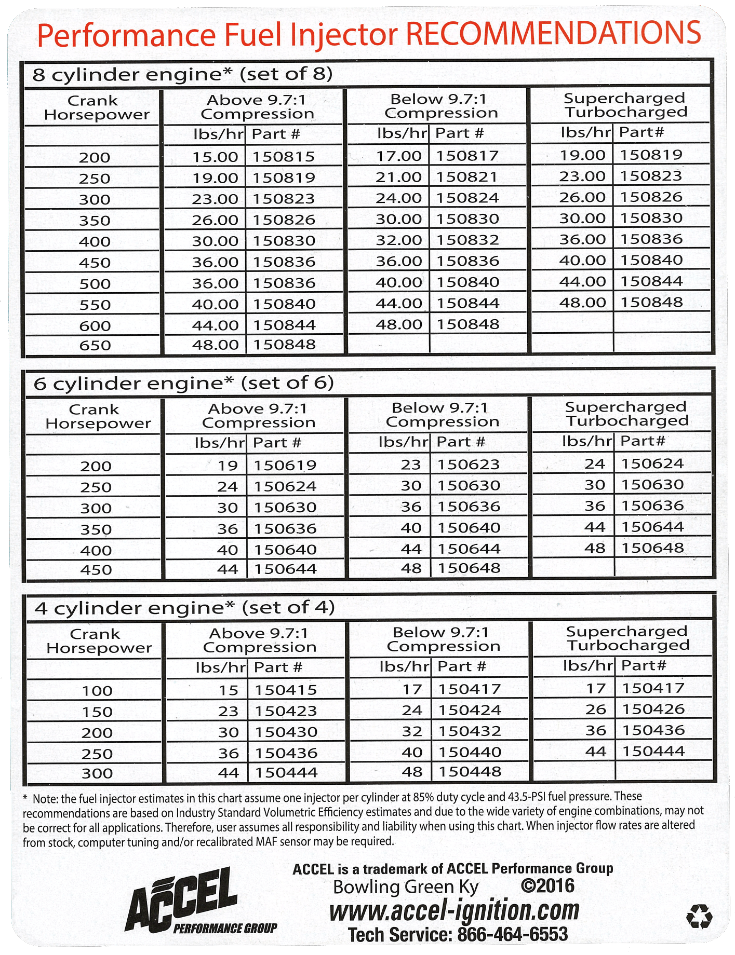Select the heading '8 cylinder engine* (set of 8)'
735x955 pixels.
(x=182, y=74)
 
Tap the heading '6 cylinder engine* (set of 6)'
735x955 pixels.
(x=183, y=383)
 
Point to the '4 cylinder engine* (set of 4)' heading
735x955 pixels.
(x=184, y=608)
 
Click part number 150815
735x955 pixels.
(x=284, y=157)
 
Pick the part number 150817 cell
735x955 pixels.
(x=467, y=156)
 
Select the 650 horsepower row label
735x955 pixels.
(x=95, y=345)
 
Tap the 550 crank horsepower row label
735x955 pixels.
(x=95, y=305)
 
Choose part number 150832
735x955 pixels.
(x=467, y=240)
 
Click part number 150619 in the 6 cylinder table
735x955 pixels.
(x=285, y=466)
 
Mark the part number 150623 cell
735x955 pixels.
(x=468, y=465)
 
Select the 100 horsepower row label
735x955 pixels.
(x=97, y=691)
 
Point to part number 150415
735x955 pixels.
(x=286, y=690)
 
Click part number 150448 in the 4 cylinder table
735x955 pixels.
(x=470, y=772)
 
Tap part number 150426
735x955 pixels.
(x=653, y=709)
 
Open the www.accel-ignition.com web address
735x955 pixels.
(x=454, y=910)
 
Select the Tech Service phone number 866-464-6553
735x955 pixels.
(x=512, y=935)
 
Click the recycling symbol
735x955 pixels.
(x=699, y=917)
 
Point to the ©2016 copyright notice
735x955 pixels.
(x=547, y=886)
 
